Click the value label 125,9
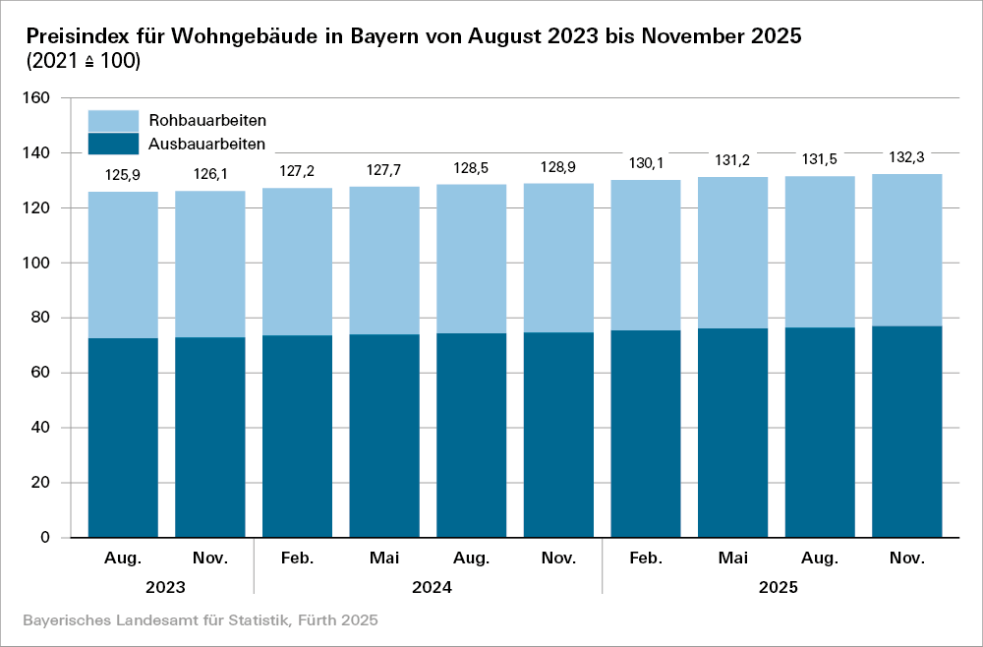[x=123, y=177]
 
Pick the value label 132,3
[x=907, y=157]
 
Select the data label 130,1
[x=646, y=163]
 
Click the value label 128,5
[x=472, y=168]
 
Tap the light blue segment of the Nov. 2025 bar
[x=907, y=250]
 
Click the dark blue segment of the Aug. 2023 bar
[x=123, y=438]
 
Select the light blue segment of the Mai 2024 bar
[x=384, y=261]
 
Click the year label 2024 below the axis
[x=428, y=588]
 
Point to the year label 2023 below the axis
[x=166, y=588]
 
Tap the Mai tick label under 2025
[x=732, y=559]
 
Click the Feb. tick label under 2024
[x=297, y=559]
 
